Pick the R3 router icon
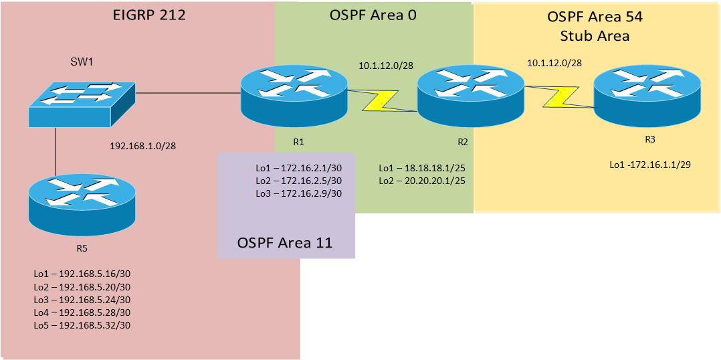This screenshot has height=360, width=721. [647, 98]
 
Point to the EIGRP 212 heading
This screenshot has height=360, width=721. [148, 15]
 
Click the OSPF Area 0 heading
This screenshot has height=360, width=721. [373, 15]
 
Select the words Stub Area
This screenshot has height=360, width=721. [595, 35]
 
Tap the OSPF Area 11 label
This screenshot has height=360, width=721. [285, 242]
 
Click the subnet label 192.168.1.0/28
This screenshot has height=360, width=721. [147, 145]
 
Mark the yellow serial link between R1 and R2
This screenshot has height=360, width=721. [381, 102]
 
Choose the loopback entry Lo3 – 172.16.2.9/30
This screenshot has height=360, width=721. [298, 193]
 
